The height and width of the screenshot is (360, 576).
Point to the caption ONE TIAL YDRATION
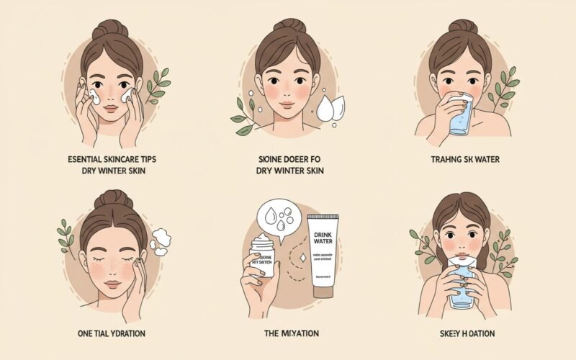click(x=112, y=333)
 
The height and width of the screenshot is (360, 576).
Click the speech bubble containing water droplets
click(x=280, y=219)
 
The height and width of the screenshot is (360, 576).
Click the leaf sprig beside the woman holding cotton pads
click(x=158, y=86)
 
